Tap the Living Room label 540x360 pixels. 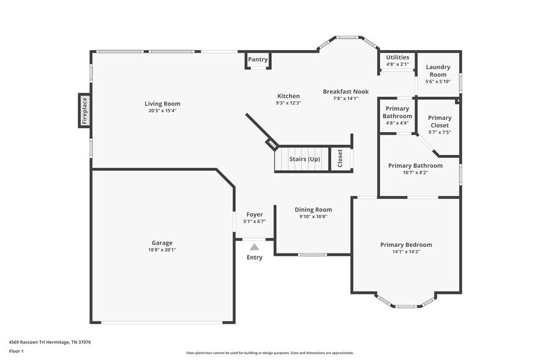click(x=162, y=103)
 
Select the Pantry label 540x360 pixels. click(x=258, y=59)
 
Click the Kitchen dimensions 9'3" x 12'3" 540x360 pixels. click(x=288, y=103)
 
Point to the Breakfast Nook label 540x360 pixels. click(x=345, y=91)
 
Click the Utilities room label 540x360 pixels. click(x=397, y=57)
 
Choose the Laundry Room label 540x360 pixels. click(x=438, y=70)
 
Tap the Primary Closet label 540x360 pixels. click(x=439, y=121)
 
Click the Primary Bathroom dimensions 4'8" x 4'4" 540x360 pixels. click(x=397, y=123)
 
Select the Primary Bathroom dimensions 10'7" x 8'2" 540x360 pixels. click(x=415, y=173)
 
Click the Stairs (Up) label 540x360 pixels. click(x=305, y=159)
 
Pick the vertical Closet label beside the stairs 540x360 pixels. click(x=340, y=159)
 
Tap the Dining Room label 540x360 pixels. click(x=313, y=209)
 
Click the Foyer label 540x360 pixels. click(x=255, y=214)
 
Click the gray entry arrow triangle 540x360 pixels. click(x=254, y=247)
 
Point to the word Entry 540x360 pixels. click(x=254, y=257)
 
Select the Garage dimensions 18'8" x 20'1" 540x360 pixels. click(x=162, y=250)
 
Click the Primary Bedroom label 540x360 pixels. click(x=406, y=244)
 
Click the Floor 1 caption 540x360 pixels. click(x=16, y=351)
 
